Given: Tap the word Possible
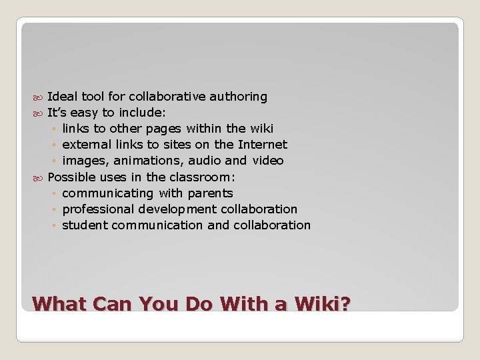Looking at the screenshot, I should pyautogui.click(x=73, y=177).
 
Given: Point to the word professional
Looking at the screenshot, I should pyautogui.click(x=98, y=209).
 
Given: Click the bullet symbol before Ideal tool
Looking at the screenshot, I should pyautogui.click(x=39, y=97).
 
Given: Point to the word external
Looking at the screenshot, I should pyautogui.click(x=87, y=145).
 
